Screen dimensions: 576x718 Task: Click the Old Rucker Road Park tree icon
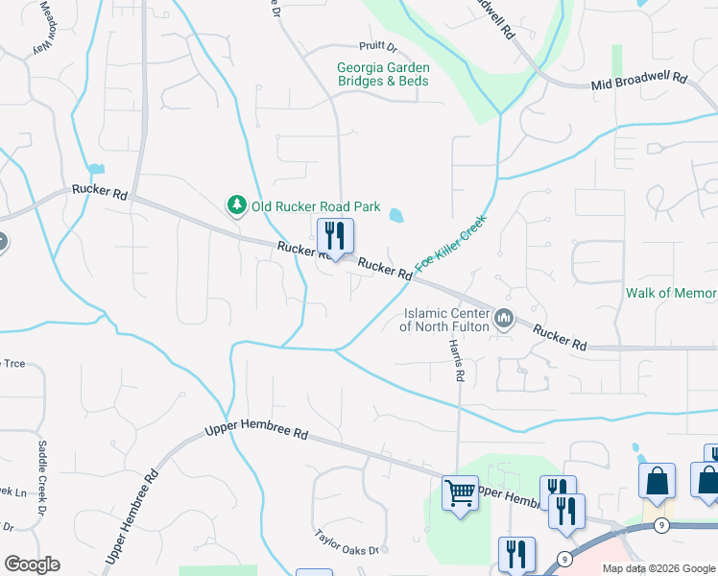click(x=236, y=204)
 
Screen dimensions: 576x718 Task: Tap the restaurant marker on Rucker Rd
click(x=335, y=236)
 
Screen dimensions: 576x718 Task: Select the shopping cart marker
click(x=461, y=494)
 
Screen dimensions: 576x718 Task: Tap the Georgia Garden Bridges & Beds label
click(x=383, y=75)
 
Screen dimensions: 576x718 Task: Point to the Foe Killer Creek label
click(x=451, y=242)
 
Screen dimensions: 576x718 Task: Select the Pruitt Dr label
click(x=377, y=45)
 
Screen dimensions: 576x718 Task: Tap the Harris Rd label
click(x=458, y=363)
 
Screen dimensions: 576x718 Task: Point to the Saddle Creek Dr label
click(x=41, y=462)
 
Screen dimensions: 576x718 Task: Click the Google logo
click(x=32, y=564)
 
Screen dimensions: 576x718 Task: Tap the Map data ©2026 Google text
click(x=658, y=568)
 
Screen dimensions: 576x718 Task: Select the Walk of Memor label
click(x=671, y=293)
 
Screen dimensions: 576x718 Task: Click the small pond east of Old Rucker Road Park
click(x=395, y=216)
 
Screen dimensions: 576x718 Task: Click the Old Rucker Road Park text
click(x=316, y=205)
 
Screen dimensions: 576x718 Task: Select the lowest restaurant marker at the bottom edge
click(x=516, y=555)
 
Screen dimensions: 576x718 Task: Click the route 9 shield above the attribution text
click(x=662, y=525)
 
